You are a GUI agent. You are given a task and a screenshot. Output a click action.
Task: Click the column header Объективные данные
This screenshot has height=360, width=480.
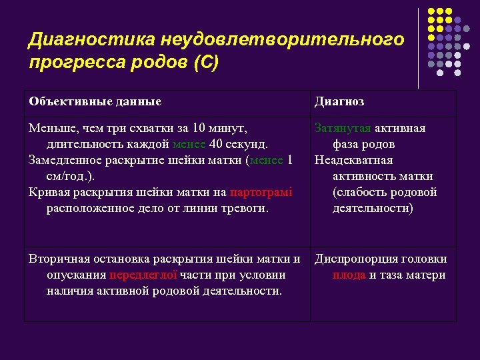coord(95,101)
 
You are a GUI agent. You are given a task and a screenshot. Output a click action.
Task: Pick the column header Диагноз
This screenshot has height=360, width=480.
coord(339,101)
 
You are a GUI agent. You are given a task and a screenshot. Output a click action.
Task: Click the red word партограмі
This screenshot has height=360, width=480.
coord(261,192)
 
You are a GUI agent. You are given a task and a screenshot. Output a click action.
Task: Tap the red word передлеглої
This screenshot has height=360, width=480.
coord(143,275)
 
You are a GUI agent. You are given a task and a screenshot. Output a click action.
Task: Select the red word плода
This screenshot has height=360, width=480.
coord(349,275)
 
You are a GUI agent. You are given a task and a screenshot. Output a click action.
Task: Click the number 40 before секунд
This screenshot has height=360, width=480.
coord(216,144)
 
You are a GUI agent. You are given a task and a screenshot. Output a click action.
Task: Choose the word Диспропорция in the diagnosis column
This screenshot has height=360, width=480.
coord(355,259)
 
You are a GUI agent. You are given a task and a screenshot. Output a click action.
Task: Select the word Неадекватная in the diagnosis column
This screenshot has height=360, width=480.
coord(353,160)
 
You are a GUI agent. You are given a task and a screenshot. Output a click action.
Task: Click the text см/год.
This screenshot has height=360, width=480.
coord(67,176)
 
